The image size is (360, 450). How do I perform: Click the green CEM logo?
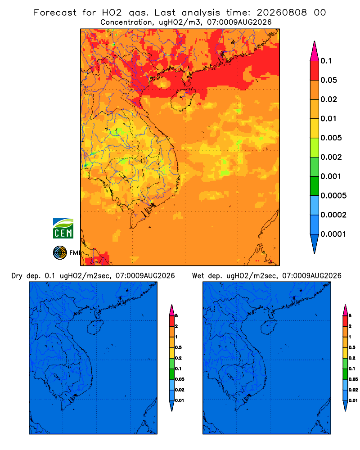point(63,229)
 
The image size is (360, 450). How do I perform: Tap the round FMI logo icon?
point(60,252)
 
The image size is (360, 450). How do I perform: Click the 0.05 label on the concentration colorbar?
point(328,80)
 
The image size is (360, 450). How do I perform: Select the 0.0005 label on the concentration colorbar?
point(333,196)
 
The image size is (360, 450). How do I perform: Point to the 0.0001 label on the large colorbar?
point(333,234)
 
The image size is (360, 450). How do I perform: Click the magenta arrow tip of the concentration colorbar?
point(315,51)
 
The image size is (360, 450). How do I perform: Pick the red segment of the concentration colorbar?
point(315,70)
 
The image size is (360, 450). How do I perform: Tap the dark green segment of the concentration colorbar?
point(315,186)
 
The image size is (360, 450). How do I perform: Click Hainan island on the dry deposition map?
point(95,327)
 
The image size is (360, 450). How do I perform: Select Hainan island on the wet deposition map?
point(269,327)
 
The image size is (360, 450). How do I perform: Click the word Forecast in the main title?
point(55,13)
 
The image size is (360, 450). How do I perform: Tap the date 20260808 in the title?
point(282,13)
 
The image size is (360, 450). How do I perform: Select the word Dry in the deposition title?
point(17,276)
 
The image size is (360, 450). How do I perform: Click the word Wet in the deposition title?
point(198,276)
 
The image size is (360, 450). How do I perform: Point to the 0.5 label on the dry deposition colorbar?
point(179,347)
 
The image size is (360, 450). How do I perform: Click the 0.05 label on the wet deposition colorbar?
point(353,379)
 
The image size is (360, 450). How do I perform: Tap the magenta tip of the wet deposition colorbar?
point(345,310)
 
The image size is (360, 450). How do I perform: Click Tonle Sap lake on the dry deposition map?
point(57,377)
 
